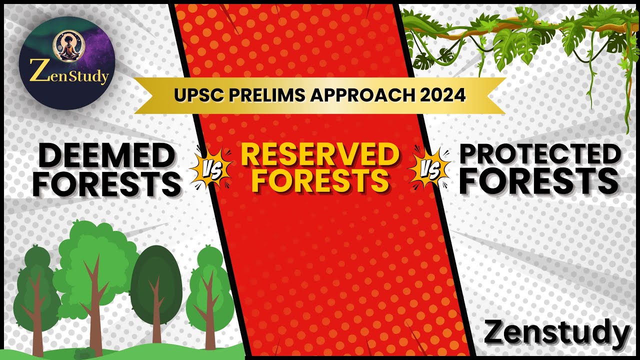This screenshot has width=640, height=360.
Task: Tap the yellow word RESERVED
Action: (320, 154)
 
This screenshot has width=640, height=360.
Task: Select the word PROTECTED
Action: (539, 155)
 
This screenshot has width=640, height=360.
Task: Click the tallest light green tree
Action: (95, 265)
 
